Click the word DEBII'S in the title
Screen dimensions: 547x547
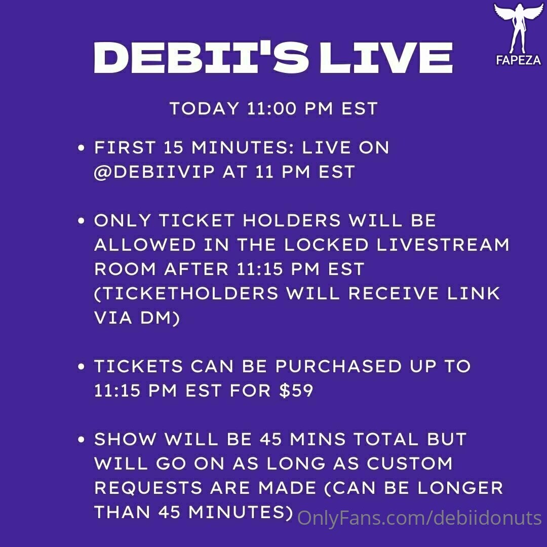click(x=201, y=58)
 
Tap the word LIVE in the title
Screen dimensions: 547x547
click(x=386, y=58)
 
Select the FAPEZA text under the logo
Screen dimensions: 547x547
click(x=519, y=60)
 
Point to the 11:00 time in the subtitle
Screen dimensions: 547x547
click(x=271, y=108)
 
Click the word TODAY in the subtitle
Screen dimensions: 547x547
click(x=204, y=108)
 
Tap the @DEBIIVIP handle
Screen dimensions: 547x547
click(x=154, y=172)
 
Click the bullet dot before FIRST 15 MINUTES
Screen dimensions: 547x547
click(x=81, y=148)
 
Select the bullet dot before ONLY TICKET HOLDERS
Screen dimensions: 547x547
click(x=81, y=221)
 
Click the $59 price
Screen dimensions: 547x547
click(x=296, y=390)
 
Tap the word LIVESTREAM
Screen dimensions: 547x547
click(x=443, y=245)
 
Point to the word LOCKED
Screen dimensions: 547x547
click(x=326, y=245)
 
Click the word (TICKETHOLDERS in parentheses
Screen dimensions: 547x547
click(x=186, y=293)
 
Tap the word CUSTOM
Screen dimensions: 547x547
click(x=410, y=463)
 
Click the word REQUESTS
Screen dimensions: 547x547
click(x=148, y=488)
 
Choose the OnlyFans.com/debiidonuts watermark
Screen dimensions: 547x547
click(x=419, y=518)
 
